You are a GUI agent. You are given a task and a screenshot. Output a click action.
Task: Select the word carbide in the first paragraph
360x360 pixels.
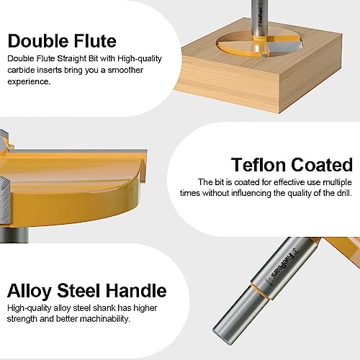[x=21, y=70]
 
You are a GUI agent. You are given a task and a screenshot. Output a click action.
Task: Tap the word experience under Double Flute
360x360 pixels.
[x=29, y=81]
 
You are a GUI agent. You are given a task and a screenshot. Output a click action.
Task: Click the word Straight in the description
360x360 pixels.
[x=78, y=58]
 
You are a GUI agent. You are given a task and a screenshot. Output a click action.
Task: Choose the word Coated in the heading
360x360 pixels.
[x=322, y=165]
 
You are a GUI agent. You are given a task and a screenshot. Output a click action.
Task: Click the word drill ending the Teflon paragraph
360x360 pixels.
[x=344, y=193]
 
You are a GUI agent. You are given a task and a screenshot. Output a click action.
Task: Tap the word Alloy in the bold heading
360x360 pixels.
[x=29, y=291]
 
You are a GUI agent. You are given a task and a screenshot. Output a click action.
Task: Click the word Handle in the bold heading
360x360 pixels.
[x=136, y=290]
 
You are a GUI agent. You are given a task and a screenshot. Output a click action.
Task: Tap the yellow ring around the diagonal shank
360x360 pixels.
[x=262, y=291]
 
